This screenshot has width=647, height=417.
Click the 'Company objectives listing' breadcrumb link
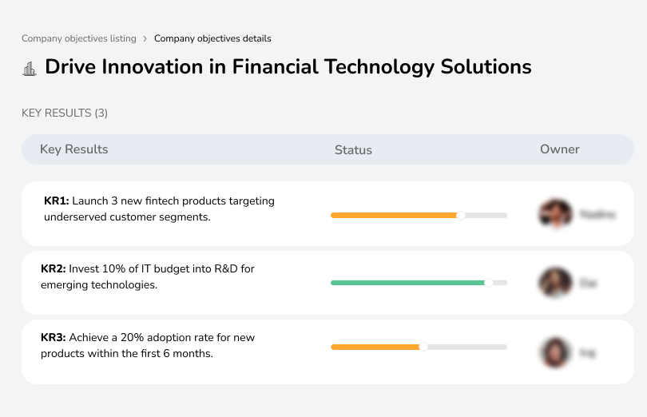click(x=78, y=38)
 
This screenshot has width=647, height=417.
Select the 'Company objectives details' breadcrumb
click(x=212, y=38)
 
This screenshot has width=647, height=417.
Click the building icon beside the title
click(x=30, y=69)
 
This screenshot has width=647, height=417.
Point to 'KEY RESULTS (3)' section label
click(x=65, y=113)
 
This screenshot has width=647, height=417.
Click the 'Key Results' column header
click(x=73, y=149)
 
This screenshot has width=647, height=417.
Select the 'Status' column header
click(x=353, y=150)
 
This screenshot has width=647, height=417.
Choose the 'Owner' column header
click(x=559, y=149)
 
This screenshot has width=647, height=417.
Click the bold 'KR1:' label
click(x=57, y=201)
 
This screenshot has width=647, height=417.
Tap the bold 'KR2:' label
click(x=54, y=269)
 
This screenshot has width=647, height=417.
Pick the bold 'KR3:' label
click(x=54, y=338)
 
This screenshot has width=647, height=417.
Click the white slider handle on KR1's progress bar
click(x=460, y=215)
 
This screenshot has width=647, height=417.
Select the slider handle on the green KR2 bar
click(x=489, y=283)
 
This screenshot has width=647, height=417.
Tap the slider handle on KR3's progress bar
click(x=423, y=347)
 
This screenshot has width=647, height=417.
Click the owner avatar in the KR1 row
click(x=555, y=214)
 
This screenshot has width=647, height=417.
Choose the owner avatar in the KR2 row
click(x=555, y=283)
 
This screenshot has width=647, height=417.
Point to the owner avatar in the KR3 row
click(x=555, y=351)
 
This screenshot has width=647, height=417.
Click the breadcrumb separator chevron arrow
click(x=145, y=38)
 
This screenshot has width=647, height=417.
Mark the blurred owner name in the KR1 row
click(x=597, y=215)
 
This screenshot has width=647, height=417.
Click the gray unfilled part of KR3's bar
click(x=467, y=347)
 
